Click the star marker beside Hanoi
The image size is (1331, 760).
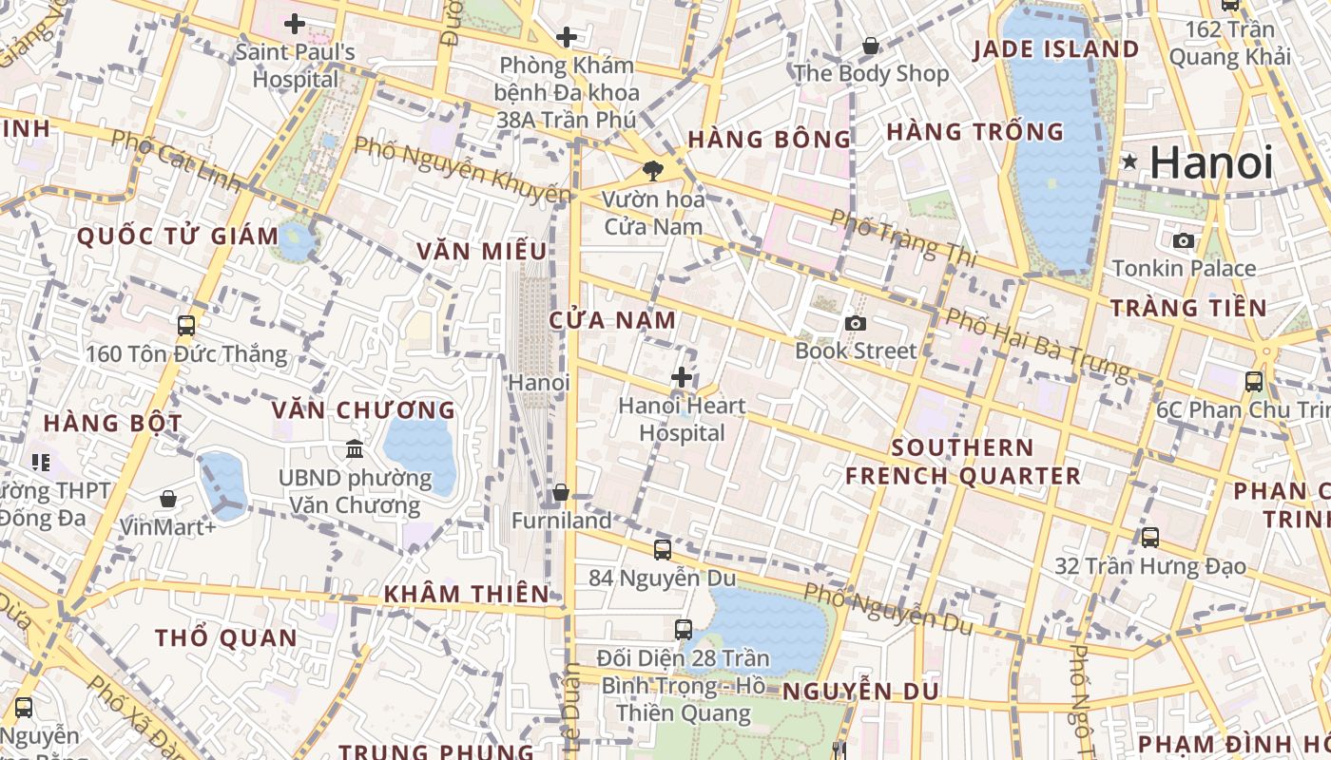click(1130, 161)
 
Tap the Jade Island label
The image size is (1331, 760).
click(1055, 49)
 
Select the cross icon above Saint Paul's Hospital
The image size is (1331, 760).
click(295, 24)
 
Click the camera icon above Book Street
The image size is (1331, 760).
click(856, 324)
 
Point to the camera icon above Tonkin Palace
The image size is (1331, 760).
click(1184, 240)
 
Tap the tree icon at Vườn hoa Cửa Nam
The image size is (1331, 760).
click(652, 171)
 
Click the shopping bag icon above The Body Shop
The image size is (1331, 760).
click(870, 46)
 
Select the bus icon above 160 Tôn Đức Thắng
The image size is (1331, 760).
click(186, 326)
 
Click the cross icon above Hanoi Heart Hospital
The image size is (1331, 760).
click(681, 377)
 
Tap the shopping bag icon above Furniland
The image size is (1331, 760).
click(561, 493)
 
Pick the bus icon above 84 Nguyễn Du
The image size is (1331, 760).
click(662, 549)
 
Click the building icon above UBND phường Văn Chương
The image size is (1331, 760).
click(355, 448)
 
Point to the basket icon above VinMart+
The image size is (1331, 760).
click(168, 499)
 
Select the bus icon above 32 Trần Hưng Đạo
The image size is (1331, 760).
click(1150, 538)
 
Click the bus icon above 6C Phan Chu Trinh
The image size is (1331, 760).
click(1254, 382)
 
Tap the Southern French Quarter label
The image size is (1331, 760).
click(963, 462)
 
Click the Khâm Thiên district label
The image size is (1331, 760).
click(466, 595)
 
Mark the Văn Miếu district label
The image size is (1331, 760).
click(482, 252)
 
